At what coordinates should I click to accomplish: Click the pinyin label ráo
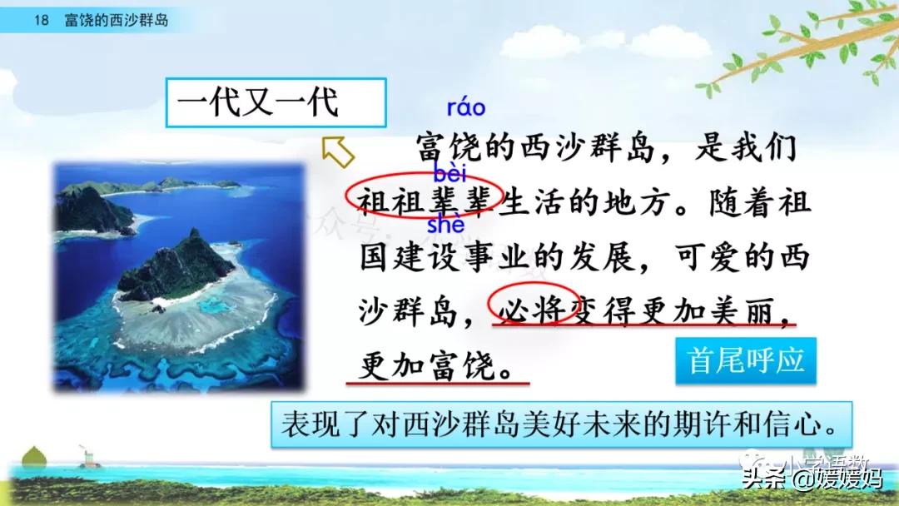pos(466,108)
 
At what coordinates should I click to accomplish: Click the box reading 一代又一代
pos(276,104)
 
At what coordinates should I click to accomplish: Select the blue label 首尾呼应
pos(746,360)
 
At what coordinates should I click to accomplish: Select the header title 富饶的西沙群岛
pos(117,20)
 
